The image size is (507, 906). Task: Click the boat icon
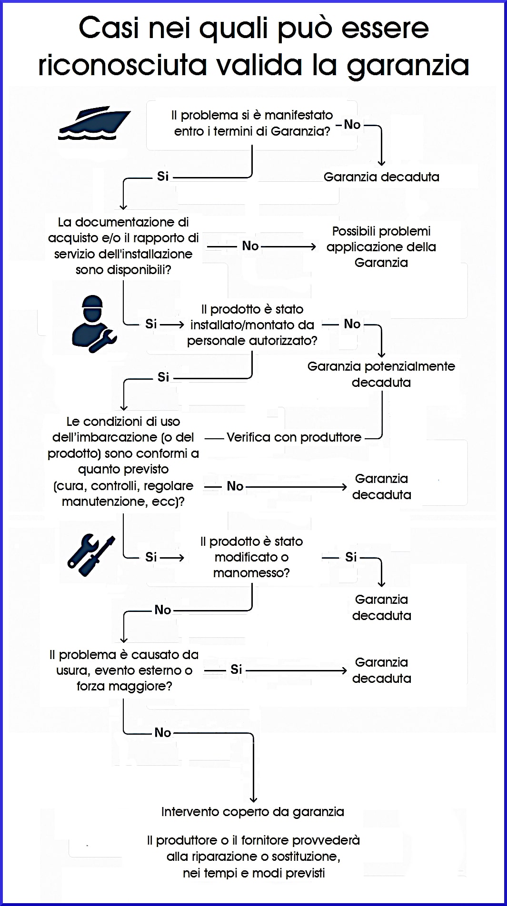(94, 123)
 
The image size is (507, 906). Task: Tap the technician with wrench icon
(94, 324)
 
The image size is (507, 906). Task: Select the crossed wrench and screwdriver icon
(91, 555)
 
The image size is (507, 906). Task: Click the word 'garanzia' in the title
(408, 66)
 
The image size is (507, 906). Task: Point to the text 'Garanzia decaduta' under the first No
(381, 177)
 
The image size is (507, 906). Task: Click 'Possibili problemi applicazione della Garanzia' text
(381, 246)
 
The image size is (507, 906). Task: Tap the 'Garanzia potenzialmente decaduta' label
(381, 374)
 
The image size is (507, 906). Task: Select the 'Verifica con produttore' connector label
(294, 437)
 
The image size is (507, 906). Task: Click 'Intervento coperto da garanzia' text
(252, 812)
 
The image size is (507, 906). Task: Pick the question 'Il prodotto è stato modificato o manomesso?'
(251, 557)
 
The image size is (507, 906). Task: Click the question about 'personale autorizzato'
(252, 325)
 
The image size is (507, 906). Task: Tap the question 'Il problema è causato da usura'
(124, 670)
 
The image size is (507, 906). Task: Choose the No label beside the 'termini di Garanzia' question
(352, 125)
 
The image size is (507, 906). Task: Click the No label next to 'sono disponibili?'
(250, 246)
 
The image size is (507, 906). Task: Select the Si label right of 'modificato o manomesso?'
(351, 557)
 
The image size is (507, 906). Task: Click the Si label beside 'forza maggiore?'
(236, 670)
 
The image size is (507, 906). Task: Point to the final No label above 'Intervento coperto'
(162, 732)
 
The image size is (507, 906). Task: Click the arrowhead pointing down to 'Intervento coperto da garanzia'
(253, 799)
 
